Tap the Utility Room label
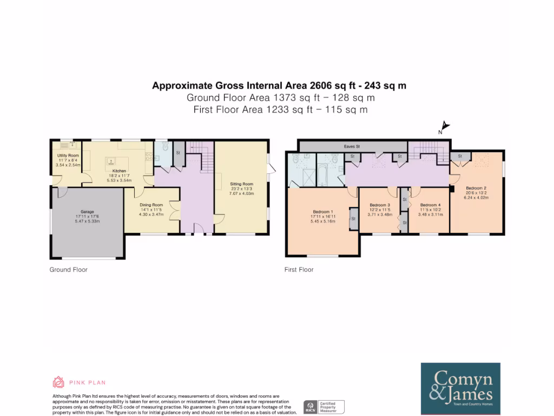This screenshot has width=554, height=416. click(68, 155)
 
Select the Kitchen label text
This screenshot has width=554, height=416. click(120, 171)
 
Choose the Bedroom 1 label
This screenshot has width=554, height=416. click(323, 212)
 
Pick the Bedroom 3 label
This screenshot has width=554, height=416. click(380, 205)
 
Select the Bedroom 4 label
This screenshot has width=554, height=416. click(430, 205)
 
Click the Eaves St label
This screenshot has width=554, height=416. click(352, 146)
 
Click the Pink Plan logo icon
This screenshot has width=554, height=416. click(58, 382)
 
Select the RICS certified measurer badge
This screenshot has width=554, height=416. click(323, 407)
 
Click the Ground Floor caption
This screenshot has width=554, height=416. click(68, 269)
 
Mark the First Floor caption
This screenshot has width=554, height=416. click(299, 269)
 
